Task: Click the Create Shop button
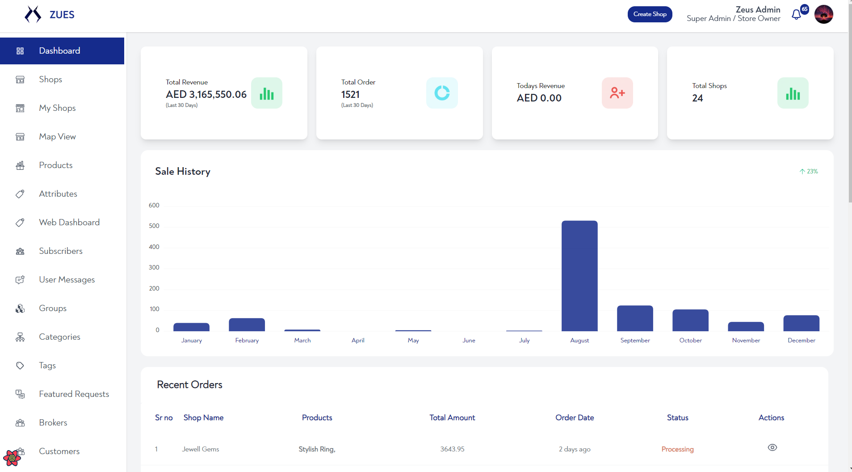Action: (650, 14)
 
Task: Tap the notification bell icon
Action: (796, 15)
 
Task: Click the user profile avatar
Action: (823, 14)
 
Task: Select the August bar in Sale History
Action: (579, 276)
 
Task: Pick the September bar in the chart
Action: (635, 318)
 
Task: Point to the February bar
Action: (247, 324)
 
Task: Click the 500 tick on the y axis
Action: (154, 226)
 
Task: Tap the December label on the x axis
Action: (802, 341)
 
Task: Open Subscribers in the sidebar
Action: (61, 251)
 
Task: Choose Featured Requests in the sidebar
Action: (74, 394)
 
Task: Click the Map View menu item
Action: (57, 137)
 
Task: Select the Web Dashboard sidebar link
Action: (69, 223)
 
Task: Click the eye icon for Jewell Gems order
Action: (772, 447)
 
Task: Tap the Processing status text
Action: (677, 449)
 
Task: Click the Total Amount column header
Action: (452, 417)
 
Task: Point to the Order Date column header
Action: (575, 417)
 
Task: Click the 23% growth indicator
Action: (809, 172)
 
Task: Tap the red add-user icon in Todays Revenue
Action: (617, 93)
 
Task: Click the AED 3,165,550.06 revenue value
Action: (206, 95)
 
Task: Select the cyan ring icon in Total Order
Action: (442, 93)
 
